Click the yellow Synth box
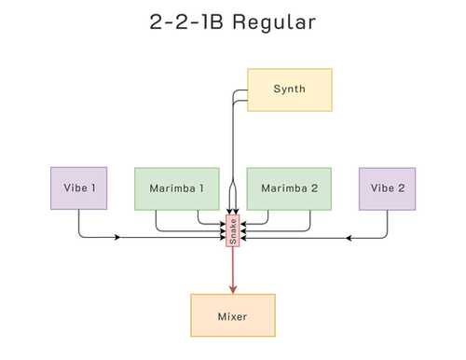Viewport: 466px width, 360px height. pyautogui.click(x=289, y=90)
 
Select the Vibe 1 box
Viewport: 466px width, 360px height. pyautogui.click(x=78, y=187)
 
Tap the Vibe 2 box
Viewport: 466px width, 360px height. pyautogui.click(x=388, y=187)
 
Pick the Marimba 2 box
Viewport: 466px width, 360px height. pyautogui.click(x=289, y=188)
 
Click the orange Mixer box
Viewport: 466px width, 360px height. pyautogui.click(x=233, y=315)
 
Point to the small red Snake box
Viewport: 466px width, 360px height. pyautogui.click(x=233, y=230)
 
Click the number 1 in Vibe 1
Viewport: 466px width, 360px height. pyautogui.click(x=93, y=187)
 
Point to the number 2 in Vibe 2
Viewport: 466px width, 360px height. pyautogui.click(x=403, y=187)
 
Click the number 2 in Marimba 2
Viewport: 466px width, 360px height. pyautogui.click(x=315, y=188)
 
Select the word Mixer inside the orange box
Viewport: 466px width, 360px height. pyautogui.click(x=233, y=315)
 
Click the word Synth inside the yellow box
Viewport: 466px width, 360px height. pyautogui.click(x=289, y=90)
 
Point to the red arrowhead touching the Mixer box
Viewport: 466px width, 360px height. pyautogui.click(x=233, y=289)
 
